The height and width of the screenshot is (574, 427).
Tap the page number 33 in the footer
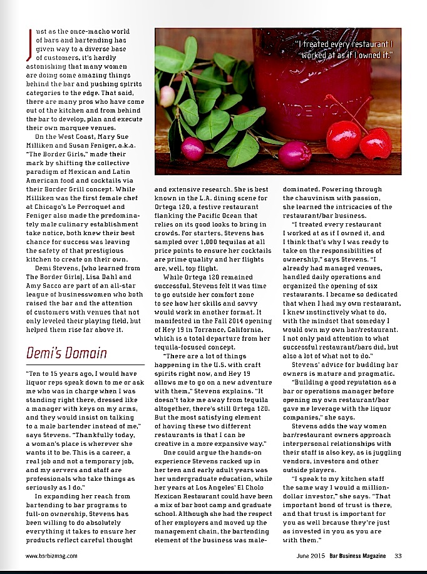[398, 555]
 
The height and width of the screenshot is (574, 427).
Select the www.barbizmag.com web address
[51, 555]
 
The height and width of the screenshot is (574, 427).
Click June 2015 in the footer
[311, 555]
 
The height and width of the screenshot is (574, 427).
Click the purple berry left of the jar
[193, 149]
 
